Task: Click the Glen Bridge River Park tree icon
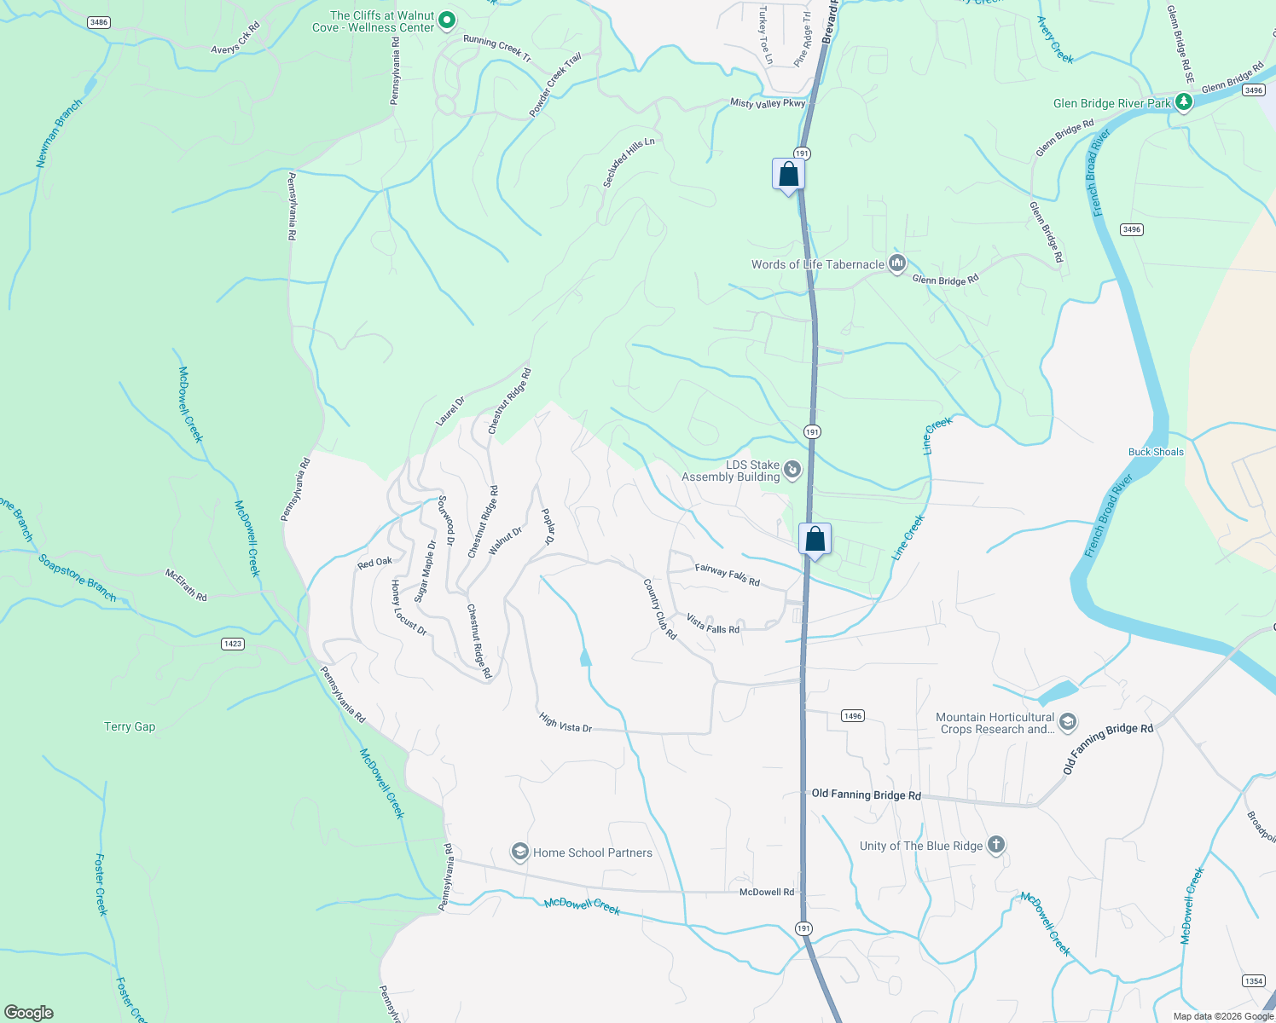click(1183, 102)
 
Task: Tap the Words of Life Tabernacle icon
click(896, 263)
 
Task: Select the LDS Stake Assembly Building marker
click(792, 470)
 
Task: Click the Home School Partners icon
click(519, 852)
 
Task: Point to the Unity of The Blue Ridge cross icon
click(995, 845)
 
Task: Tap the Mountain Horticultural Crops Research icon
click(1067, 723)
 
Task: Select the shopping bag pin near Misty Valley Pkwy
click(789, 174)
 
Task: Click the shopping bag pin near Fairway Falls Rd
click(815, 539)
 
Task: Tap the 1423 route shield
click(233, 644)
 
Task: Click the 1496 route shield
click(853, 715)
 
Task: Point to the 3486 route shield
click(99, 22)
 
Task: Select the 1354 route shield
click(1253, 980)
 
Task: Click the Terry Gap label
click(130, 726)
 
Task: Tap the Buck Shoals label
click(1156, 452)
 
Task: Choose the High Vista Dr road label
click(565, 723)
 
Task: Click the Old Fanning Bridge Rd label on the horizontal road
click(866, 795)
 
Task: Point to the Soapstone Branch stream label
click(77, 578)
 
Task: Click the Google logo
click(29, 1012)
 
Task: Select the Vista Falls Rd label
click(713, 624)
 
